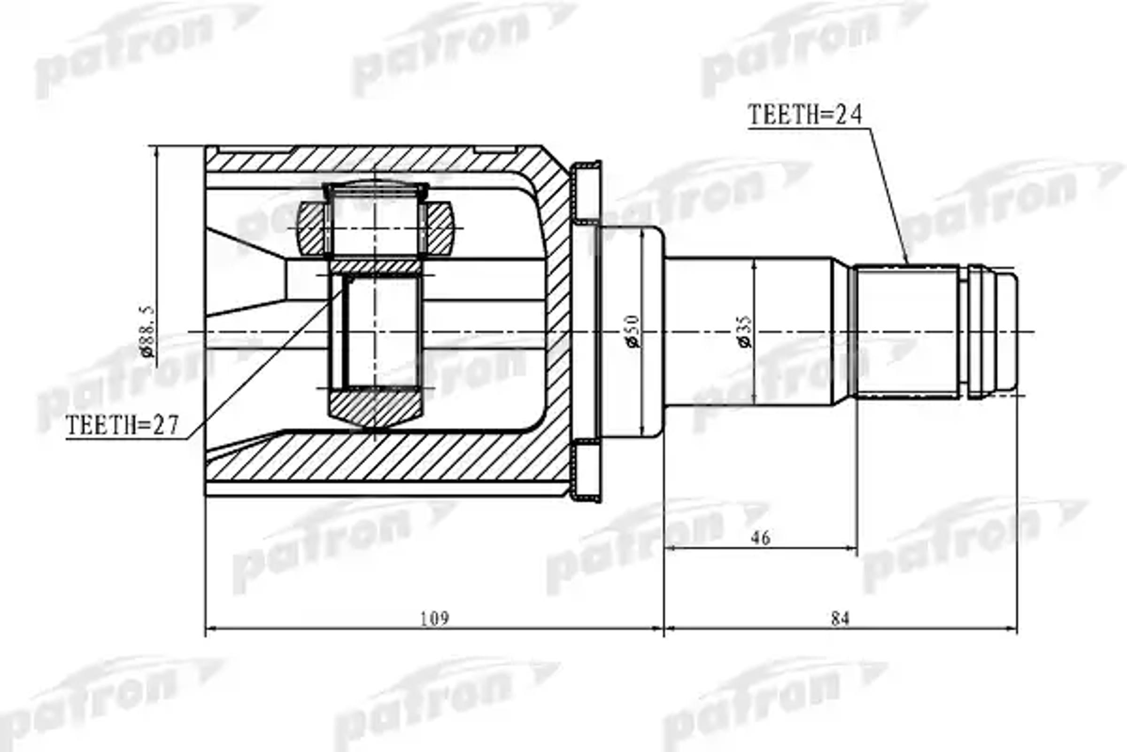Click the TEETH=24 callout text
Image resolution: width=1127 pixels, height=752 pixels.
pos(804,114)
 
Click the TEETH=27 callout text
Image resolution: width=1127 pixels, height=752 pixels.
pos(122,425)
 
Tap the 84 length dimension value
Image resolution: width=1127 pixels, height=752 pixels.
pos(840,619)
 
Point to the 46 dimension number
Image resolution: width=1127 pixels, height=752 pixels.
pos(760,538)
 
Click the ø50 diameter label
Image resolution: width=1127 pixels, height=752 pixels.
pos(632,331)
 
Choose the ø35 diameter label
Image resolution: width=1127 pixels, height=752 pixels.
pos(746,331)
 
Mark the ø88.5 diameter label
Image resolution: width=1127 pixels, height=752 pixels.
pos(147,331)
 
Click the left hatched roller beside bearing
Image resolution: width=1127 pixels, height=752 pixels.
pos(311,228)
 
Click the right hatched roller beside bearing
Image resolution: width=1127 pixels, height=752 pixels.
pos(439,228)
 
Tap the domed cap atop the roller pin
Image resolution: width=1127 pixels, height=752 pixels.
pos(375,187)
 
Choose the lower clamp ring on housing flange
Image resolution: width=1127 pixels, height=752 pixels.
pos(587,470)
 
